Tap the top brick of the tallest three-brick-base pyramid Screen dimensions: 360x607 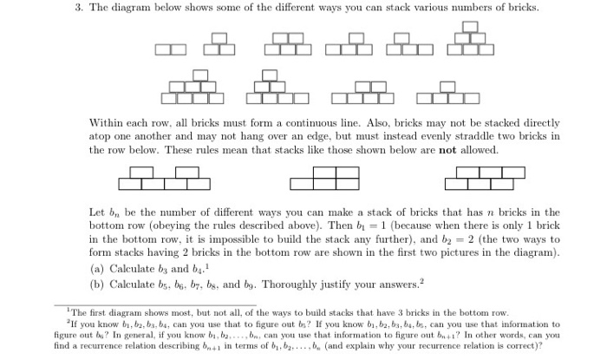(x=469, y=26)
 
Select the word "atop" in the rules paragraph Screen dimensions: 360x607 (x=102, y=137)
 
